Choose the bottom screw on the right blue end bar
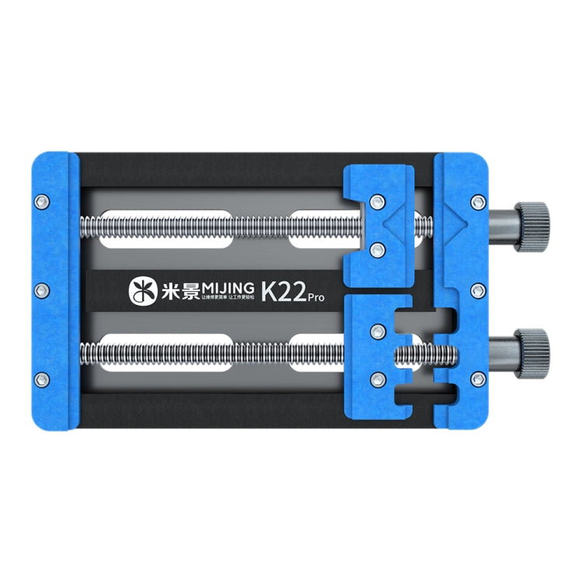coord(476,379)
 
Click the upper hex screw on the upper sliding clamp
coord(378,203)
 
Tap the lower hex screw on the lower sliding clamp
coord(378,378)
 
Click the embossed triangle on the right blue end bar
coord(457,222)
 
